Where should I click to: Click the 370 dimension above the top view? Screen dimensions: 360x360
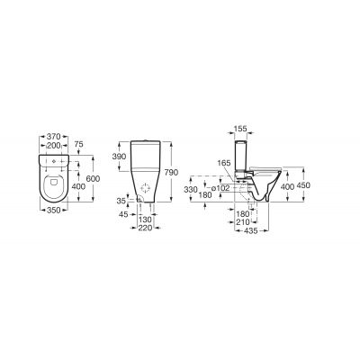pyautogui.click(x=54, y=137)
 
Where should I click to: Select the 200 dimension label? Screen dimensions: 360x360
pyautogui.click(x=54, y=146)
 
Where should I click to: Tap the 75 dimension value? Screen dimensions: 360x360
pyautogui.click(x=78, y=144)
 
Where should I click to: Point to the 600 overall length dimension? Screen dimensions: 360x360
pyautogui.click(x=93, y=178)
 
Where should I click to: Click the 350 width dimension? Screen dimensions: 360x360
pyautogui.click(x=54, y=211)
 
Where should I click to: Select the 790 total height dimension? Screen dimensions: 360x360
pyautogui.click(x=172, y=173)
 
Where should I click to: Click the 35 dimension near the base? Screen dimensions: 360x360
pyautogui.click(x=121, y=201)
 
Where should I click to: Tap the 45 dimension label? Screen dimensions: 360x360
pyautogui.click(x=123, y=214)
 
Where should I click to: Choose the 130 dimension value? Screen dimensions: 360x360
pyautogui.click(x=145, y=220)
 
